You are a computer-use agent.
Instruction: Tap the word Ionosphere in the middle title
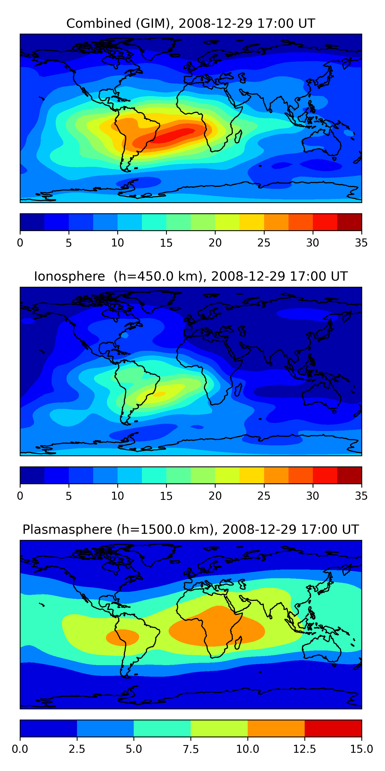[x=69, y=276]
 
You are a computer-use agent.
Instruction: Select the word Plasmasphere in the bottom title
[x=67, y=529]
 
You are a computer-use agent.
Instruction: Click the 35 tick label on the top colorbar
[x=361, y=243]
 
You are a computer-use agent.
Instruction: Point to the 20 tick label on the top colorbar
[x=215, y=243]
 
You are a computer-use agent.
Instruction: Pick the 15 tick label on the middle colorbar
[x=166, y=496]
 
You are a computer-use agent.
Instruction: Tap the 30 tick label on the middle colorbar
[x=312, y=496]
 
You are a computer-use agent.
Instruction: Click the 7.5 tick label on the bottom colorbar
[x=191, y=749]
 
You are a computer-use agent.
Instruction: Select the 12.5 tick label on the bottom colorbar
[x=304, y=749]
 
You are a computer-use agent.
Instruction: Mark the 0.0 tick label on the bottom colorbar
[x=20, y=749]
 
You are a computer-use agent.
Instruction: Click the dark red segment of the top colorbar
[x=349, y=222]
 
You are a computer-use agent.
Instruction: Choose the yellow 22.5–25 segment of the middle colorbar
[x=252, y=475]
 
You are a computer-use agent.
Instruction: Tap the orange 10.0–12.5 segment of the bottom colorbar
[x=276, y=728]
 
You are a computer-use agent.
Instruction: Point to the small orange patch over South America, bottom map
[x=122, y=638]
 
